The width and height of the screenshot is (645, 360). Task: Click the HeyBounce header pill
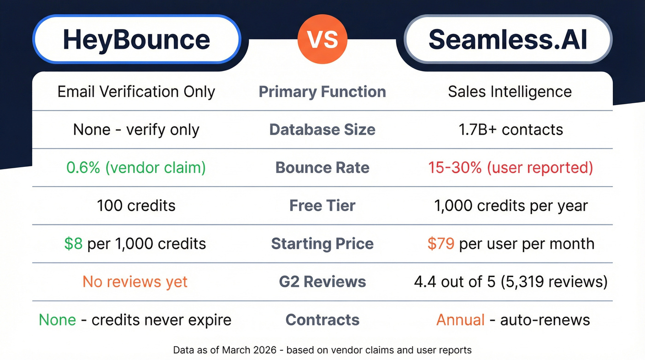coord(136,39)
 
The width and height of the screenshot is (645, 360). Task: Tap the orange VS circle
coord(322,39)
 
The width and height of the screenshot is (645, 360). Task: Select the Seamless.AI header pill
coord(508,39)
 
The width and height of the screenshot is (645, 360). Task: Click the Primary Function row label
coord(322,92)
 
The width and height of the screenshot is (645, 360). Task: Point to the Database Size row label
coord(322,130)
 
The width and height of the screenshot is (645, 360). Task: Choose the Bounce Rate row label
coord(322,167)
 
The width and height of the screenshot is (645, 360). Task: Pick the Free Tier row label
coord(322,205)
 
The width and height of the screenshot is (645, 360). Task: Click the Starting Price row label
coord(322,243)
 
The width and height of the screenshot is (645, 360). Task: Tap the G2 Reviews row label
coord(322,282)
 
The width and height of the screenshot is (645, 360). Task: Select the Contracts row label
coord(322,320)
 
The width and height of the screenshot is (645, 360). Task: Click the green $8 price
coord(73,243)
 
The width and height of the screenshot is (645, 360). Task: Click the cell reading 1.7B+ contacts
coord(510,130)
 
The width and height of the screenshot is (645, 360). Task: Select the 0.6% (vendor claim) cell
coord(136,167)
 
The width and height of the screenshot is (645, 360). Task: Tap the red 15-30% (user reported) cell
coord(510,167)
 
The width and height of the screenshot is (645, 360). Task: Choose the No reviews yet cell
coord(135,282)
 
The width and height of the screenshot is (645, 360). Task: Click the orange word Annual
coord(460,320)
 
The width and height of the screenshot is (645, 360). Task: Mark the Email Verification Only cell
coord(136,92)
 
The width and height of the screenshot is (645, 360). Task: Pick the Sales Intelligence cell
coord(510,92)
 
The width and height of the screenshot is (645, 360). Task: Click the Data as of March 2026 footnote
coord(322,350)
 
